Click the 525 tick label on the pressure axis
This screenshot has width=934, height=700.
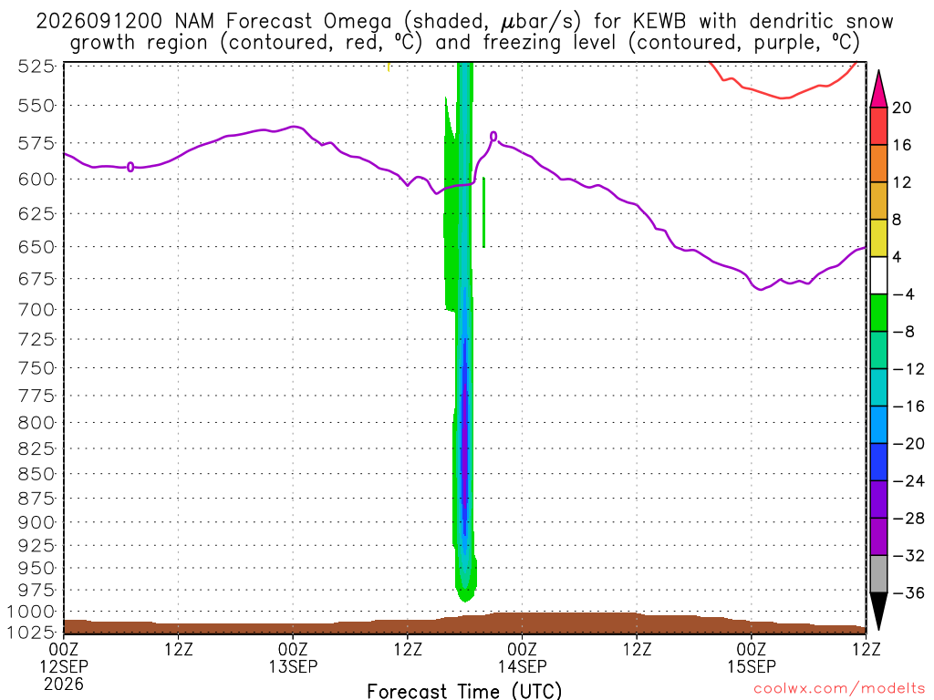tap(36, 66)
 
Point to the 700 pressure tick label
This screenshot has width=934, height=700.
tap(36, 310)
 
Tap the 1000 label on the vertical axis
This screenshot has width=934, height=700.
tap(32, 612)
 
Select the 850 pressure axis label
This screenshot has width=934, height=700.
tap(36, 474)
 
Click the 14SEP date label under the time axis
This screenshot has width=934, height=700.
tap(523, 666)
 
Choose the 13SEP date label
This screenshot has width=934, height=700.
tap(293, 666)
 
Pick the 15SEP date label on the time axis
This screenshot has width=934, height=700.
tap(752, 666)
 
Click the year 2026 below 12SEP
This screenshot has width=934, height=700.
tap(64, 684)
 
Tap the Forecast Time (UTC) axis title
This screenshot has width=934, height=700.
tap(464, 691)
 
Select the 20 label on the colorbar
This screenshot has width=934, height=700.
tap(902, 108)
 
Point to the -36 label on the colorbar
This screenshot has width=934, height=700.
tap(908, 592)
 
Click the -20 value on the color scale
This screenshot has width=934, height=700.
tap(908, 444)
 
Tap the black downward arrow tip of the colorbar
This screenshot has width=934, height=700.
tap(878, 629)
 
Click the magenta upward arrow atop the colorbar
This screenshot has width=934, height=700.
tap(878, 88)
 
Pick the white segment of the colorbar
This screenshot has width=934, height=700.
tap(878, 275)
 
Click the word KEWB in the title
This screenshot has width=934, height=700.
tap(659, 22)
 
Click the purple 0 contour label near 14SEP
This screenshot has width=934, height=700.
tap(493, 137)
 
